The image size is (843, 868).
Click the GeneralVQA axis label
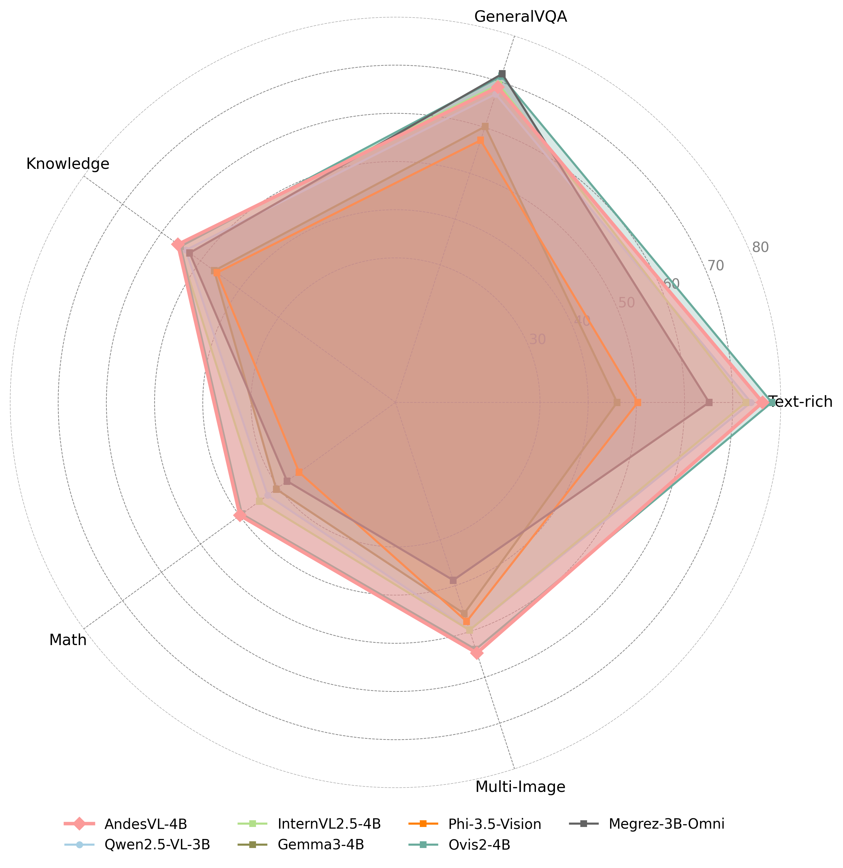[521, 17]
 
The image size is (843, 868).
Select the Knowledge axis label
[68, 164]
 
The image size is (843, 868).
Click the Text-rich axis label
[800, 402]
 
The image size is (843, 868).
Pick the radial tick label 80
[760, 248]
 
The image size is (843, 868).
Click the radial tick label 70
[715, 266]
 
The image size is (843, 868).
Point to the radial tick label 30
[537, 339]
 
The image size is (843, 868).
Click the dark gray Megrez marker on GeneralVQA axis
[502, 73]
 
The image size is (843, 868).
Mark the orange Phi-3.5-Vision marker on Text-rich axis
[637, 402]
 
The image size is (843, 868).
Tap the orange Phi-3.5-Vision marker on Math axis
[299, 472]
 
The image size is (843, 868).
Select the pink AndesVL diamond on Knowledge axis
[178, 245]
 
